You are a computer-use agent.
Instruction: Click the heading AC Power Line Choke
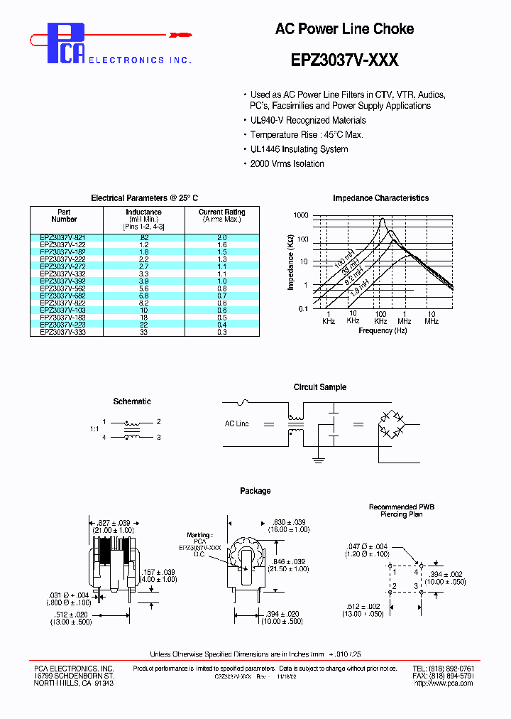click(344, 29)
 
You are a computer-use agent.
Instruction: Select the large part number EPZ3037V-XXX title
click(344, 60)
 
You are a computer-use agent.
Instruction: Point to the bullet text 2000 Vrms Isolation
click(287, 164)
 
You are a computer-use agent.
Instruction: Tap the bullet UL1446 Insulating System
click(299, 149)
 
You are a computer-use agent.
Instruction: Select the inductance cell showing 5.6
click(144, 289)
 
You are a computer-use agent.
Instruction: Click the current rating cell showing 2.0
click(221, 237)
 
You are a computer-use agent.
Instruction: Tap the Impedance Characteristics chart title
click(380, 198)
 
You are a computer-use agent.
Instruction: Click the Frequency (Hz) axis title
click(383, 331)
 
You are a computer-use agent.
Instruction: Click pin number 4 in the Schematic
click(104, 438)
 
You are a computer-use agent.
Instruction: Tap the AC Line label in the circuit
click(236, 424)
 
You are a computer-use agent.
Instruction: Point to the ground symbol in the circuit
click(317, 460)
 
